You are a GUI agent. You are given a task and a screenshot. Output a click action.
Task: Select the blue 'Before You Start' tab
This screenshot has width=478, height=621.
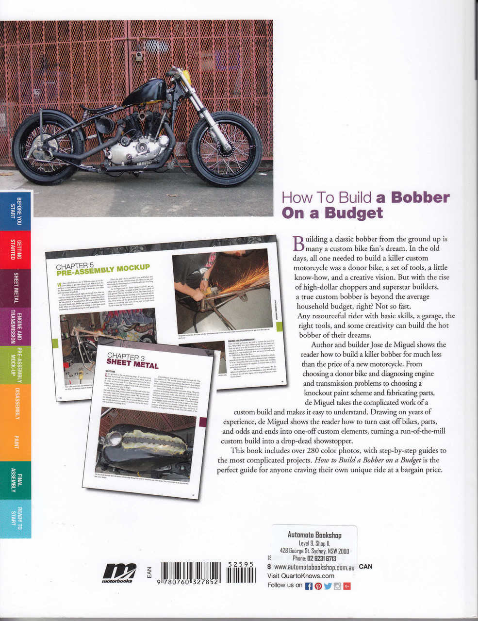pos(16,212)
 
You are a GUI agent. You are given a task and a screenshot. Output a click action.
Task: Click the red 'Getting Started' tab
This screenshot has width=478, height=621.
pos(16,249)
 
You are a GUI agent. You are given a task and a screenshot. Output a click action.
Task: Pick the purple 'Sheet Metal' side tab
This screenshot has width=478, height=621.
pos(16,288)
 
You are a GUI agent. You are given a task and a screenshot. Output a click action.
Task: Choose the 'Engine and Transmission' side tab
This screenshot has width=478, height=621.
pos(16,326)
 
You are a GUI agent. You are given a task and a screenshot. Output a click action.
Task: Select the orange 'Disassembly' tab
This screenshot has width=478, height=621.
pos(16,403)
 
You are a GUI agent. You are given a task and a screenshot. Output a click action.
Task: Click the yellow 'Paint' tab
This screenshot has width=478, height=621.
pos(16,441)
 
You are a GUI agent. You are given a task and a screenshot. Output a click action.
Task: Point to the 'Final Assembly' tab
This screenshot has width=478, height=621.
pos(16,480)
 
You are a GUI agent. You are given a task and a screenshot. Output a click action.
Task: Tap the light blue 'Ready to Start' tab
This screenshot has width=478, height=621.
pos(16,518)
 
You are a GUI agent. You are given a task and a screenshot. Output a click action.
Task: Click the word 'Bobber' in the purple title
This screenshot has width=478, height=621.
pos(420,198)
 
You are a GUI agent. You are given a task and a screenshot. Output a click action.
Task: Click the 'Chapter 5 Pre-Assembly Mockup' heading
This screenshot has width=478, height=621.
pos(103,269)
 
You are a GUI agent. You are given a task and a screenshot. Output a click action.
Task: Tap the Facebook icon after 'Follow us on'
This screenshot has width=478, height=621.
pos(309,586)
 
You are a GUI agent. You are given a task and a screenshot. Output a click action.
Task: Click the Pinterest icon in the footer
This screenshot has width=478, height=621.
pos(318,586)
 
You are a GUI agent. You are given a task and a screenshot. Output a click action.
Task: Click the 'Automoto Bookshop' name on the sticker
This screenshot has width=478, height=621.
pos(314,535)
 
